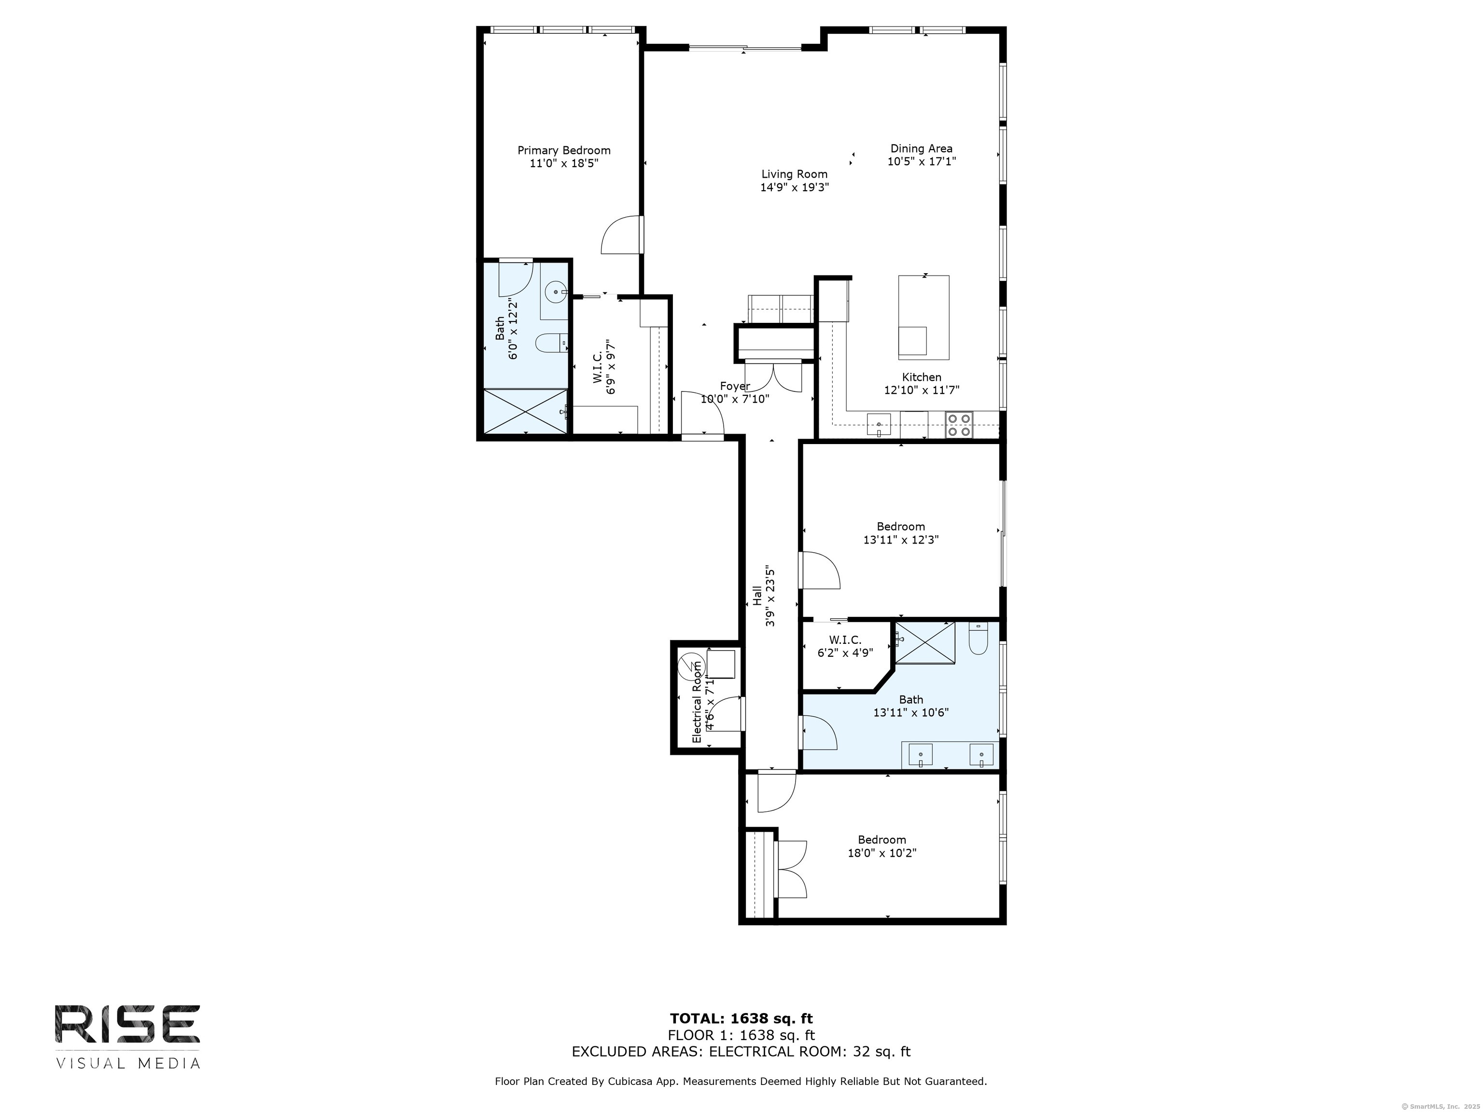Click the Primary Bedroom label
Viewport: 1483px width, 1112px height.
click(564, 151)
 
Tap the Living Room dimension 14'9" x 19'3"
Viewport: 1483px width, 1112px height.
click(795, 188)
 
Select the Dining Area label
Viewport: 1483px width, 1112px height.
click(921, 149)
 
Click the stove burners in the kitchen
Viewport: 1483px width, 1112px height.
click(959, 425)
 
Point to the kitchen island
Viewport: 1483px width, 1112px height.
click(923, 317)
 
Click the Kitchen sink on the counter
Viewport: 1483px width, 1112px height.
click(878, 424)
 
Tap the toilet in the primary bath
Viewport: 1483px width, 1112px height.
click(551, 344)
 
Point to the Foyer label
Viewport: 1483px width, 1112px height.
click(735, 386)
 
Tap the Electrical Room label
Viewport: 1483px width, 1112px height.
click(697, 702)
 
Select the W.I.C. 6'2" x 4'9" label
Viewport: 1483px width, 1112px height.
click(845, 646)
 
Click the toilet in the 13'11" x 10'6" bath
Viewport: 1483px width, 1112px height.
click(978, 640)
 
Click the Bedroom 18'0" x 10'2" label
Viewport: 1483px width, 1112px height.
click(881, 840)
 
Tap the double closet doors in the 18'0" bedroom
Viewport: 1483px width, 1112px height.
click(791, 869)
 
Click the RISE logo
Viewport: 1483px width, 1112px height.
click(127, 1026)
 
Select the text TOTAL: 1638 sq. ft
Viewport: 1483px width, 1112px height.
click(741, 1019)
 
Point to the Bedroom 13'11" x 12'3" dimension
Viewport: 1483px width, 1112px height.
click(900, 540)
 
